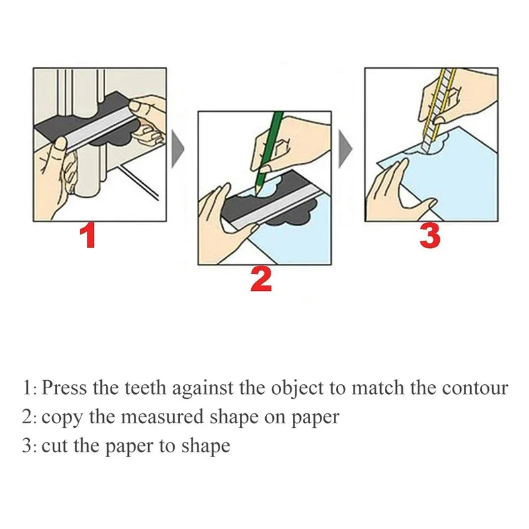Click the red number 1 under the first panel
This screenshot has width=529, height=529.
pyautogui.click(x=87, y=236)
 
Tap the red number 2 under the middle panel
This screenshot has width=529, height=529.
pyautogui.click(x=261, y=278)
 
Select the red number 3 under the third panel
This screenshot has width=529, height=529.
pyautogui.click(x=430, y=236)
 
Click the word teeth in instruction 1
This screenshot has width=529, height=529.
pyautogui.click(x=144, y=387)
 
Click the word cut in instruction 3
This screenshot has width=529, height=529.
pyautogui.click(x=53, y=446)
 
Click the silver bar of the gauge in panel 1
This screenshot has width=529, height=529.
pyautogui.click(x=99, y=133)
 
